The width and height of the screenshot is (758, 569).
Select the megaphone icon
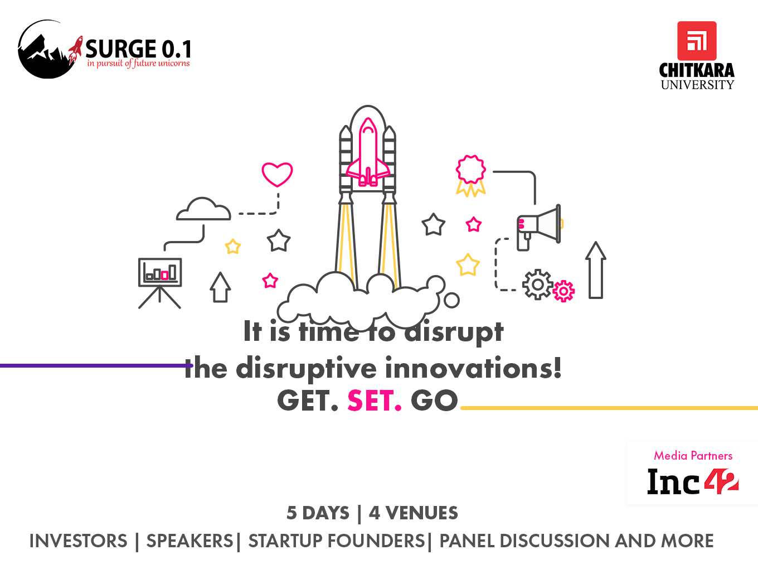point(539,227)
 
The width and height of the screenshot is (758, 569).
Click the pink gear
point(563,291)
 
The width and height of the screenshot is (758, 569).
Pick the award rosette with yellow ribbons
point(471,176)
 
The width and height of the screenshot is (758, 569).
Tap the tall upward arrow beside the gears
point(596,270)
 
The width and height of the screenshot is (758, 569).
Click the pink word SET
point(375,401)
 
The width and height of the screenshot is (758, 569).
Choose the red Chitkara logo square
point(697,41)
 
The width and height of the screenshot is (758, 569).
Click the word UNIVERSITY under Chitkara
point(697,85)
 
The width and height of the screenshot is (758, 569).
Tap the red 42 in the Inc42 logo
point(721,481)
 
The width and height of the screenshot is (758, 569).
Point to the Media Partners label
point(693,456)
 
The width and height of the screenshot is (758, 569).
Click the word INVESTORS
point(79,541)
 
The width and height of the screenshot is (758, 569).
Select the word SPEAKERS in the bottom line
point(189,541)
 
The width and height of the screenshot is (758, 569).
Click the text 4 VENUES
point(413,513)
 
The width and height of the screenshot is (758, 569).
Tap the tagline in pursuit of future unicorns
point(138,63)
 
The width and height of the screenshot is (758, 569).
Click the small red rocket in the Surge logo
point(75,50)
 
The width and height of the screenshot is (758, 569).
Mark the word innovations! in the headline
point(473,368)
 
